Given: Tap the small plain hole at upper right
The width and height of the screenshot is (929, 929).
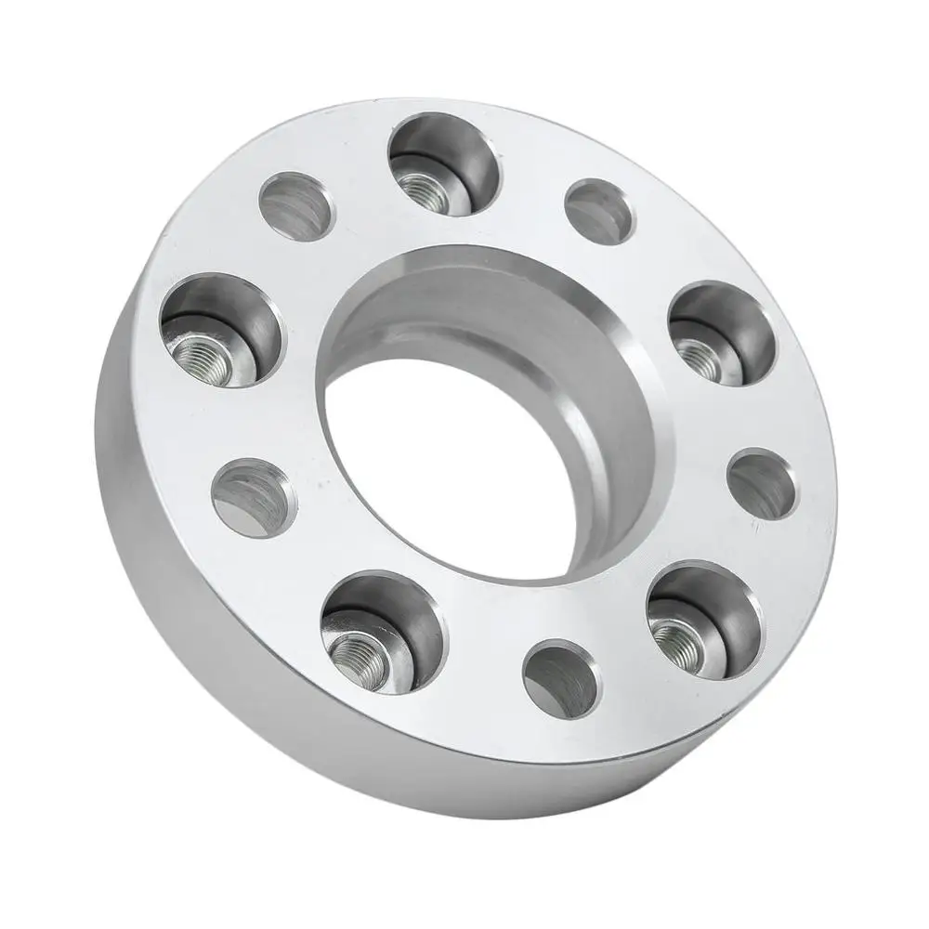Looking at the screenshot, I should point(599,211).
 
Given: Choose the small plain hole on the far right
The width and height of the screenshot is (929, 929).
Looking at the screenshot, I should point(762,483).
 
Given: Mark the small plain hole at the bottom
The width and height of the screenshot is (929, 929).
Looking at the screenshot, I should point(559,674).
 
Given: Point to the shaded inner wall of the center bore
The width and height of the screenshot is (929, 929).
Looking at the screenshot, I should point(520,325).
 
